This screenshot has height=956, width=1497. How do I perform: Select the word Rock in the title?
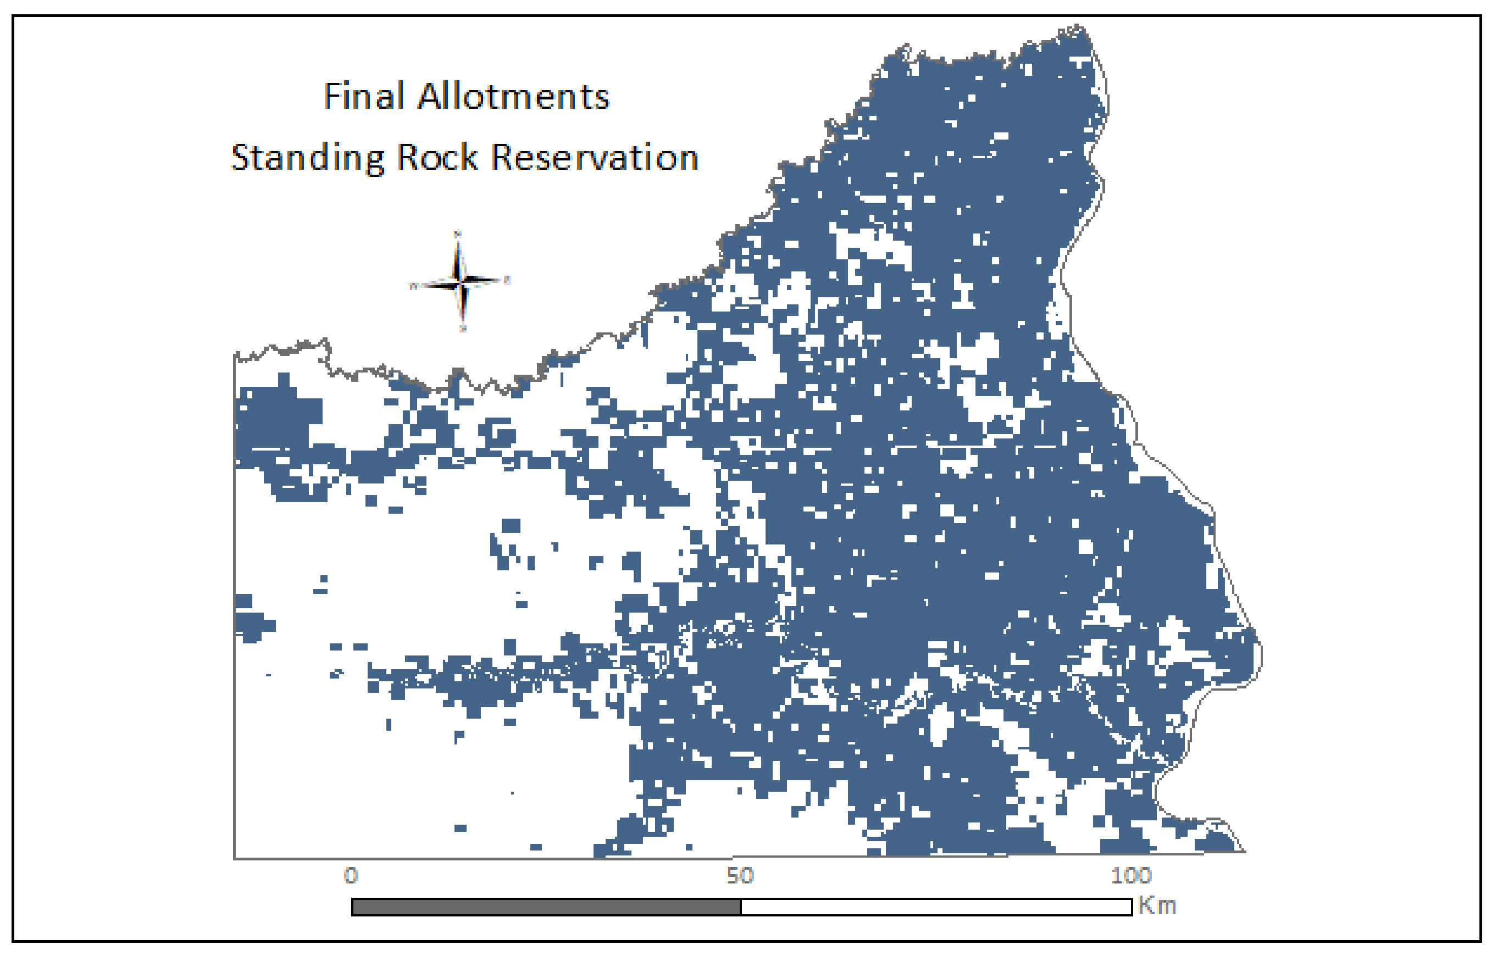point(437,157)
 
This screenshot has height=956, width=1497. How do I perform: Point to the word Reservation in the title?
point(595,157)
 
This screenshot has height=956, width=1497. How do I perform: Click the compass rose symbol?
point(460,281)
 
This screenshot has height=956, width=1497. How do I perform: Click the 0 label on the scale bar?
point(351,876)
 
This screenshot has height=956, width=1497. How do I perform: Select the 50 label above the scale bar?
point(740,876)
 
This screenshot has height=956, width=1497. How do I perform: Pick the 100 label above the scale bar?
point(1131,876)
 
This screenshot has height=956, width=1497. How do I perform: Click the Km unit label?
point(1157,906)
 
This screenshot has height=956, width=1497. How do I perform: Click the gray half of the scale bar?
point(546,907)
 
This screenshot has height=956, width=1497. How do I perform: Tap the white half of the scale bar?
point(935,907)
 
